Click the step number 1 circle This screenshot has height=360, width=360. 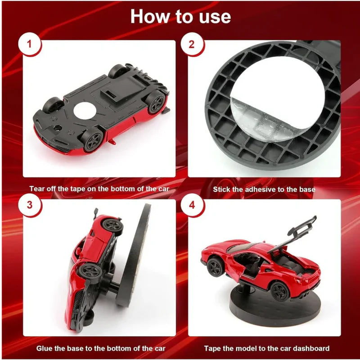(x=30, y=45)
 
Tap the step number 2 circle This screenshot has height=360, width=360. (x=192, y=45)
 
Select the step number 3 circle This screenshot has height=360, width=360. (x=30, y=205)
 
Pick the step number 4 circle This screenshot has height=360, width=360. (x=192, y=205)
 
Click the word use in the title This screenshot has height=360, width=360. (x=213, y=17)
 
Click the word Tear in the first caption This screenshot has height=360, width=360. (x=38, y=189)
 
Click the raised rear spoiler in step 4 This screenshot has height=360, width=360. (x=301, y=227)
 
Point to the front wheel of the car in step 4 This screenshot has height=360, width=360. (x=215, y=268)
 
